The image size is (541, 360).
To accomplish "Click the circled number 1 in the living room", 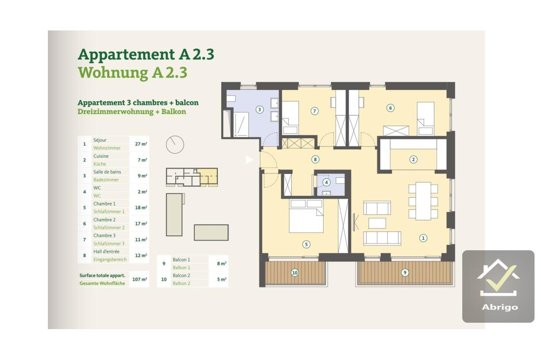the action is point(423,238).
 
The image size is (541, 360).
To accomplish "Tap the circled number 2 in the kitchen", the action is point(413,159).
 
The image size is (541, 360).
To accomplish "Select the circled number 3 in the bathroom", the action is point(259,110).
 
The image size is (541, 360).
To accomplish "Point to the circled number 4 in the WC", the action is point(327,182).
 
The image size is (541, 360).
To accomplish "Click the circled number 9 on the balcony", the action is point(405,273).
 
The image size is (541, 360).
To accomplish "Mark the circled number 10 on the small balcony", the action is point(295,273).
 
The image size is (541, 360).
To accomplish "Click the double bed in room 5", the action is point(306,216).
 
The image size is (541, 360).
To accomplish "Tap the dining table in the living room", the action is point(423,201).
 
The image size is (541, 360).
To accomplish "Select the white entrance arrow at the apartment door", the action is point(249,159).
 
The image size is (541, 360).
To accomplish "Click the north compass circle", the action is point(175,144).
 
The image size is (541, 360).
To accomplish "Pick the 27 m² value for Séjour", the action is point(141,144).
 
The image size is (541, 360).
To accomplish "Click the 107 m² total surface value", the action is point(140,279).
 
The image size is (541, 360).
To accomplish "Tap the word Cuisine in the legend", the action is point(101,156).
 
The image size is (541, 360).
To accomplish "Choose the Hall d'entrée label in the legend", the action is point(106,251).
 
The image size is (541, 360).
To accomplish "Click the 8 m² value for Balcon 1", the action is point(222,263).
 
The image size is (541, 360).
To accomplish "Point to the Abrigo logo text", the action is point(499,307).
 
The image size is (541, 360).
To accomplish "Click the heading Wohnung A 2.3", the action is point(132,72).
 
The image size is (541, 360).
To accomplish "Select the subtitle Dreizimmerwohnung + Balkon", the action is point(132,112).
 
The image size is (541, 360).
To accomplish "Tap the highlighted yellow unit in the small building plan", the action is point(208,176).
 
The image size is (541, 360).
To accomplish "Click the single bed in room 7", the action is point(290,118).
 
